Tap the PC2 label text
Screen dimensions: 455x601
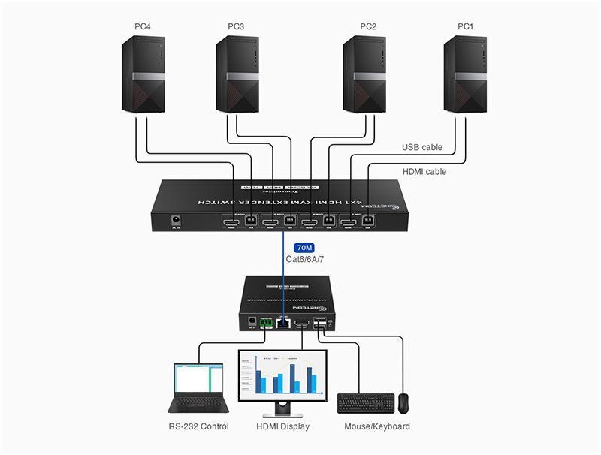368,28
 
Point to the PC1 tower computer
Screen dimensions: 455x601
465,75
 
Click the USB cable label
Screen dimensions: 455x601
423,147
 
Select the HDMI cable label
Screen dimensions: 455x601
424,172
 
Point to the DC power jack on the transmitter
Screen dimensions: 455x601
177,221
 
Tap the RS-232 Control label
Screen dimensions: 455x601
198,426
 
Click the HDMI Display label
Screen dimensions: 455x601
282,426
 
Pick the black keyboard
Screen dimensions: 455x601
364,403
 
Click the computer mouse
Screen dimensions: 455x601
404,402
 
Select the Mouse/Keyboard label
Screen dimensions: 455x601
377,426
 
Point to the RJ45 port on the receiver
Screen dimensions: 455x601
284,324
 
